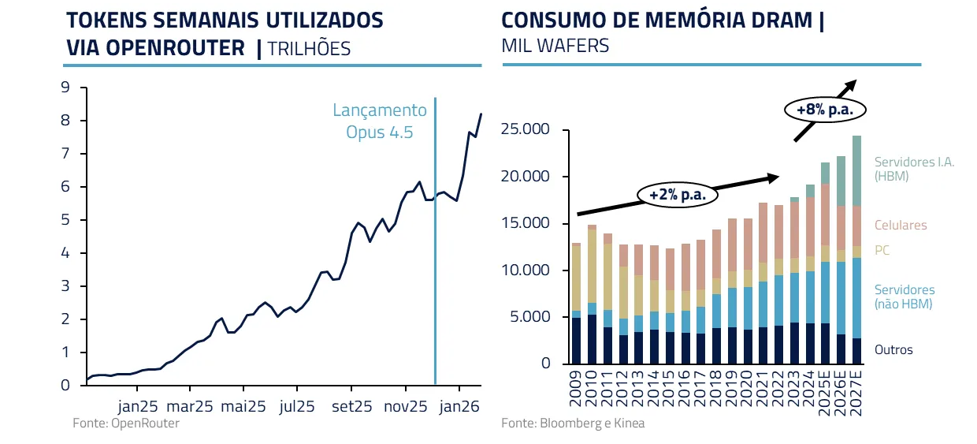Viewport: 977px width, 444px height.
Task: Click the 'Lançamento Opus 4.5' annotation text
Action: click(x=379, y=121)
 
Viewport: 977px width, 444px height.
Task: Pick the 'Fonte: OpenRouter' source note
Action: click(x=126, y=423)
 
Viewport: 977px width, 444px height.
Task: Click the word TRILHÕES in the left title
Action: click(x=309, y=48)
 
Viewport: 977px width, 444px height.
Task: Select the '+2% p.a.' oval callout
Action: click(x=677, y=194)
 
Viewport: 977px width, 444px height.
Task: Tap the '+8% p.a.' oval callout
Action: click(x=825, y=110)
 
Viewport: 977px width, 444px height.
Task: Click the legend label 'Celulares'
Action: click(x=901, y=226)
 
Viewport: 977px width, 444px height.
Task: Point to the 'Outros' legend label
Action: click(x=893, y=349)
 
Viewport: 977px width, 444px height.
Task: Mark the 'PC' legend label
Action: click(x=882, y=251)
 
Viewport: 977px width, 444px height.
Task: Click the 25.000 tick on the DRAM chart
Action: click(x=526, y=130)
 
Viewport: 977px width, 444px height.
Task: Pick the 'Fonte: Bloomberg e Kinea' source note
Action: click(x=573, y=423)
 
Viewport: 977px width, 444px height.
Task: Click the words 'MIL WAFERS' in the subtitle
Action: click(x=555, y=46)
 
